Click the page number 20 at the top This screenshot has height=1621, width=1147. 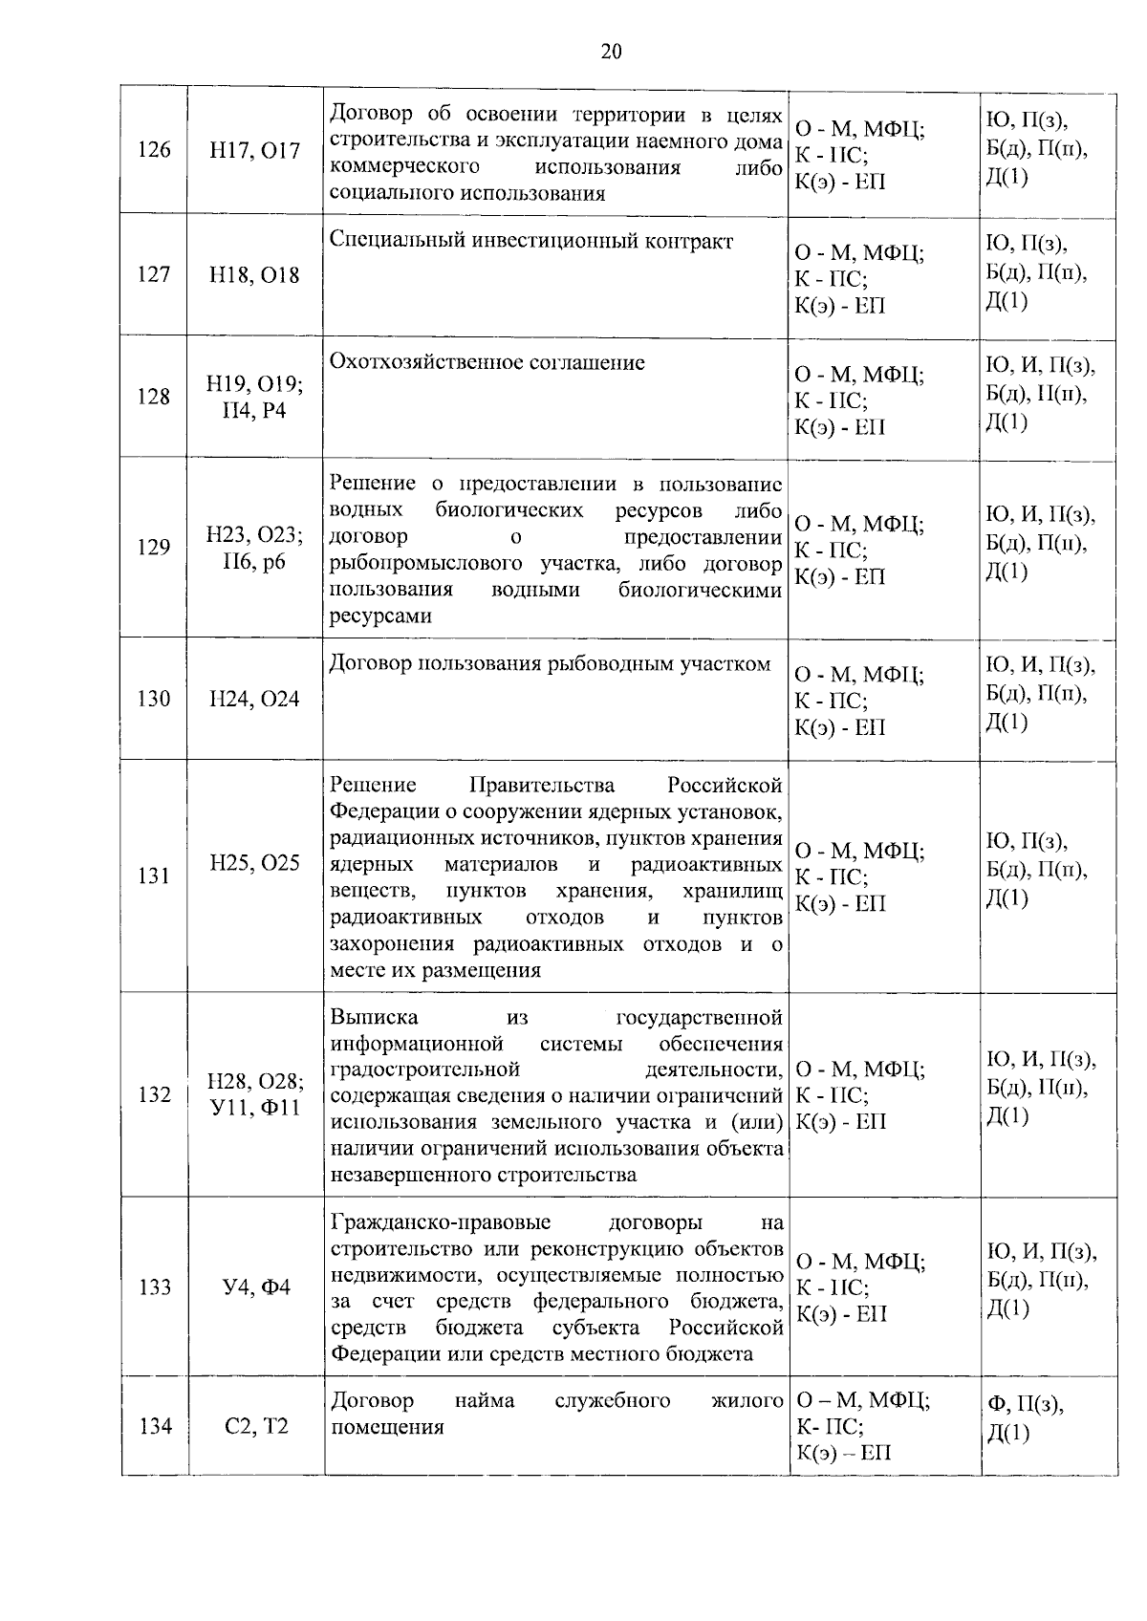[612, 52]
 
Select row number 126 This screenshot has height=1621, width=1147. [153, 151]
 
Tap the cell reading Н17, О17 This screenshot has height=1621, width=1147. [254, 151]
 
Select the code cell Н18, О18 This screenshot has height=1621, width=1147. [254, 275]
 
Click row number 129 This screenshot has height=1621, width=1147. [153, 548]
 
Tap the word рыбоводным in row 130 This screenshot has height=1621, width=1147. [609, 664]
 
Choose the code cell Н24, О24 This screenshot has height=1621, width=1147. [254, 700]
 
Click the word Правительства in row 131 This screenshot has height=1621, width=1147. [542, 786]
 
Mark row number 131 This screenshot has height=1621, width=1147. [153, 875]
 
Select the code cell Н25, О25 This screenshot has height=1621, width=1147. [254, 863]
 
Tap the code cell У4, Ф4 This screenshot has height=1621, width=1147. [255, 1287]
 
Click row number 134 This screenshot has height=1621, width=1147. [153, 1427]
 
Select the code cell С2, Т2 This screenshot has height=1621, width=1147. [254, 1427]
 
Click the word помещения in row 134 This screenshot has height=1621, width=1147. [387, 1428]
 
